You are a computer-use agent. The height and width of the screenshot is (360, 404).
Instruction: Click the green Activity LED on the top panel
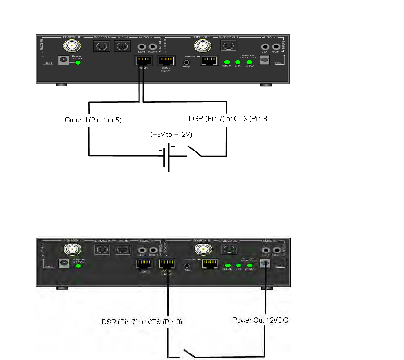click(227, 62)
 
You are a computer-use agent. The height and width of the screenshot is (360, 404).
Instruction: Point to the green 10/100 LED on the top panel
click(249, 62)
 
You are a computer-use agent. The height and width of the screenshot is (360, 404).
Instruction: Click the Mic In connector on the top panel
click(122, 46)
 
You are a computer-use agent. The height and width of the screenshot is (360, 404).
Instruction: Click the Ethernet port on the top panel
click(207, 61)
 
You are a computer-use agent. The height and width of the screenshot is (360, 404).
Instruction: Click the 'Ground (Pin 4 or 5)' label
click(93, 120)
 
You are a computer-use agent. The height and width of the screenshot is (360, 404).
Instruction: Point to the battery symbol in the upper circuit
click(166, 157)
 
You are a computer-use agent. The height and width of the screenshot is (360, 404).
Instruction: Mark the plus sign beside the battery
click(173, 146)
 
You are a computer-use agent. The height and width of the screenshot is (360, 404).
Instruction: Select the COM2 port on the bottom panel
click(166, 263)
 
